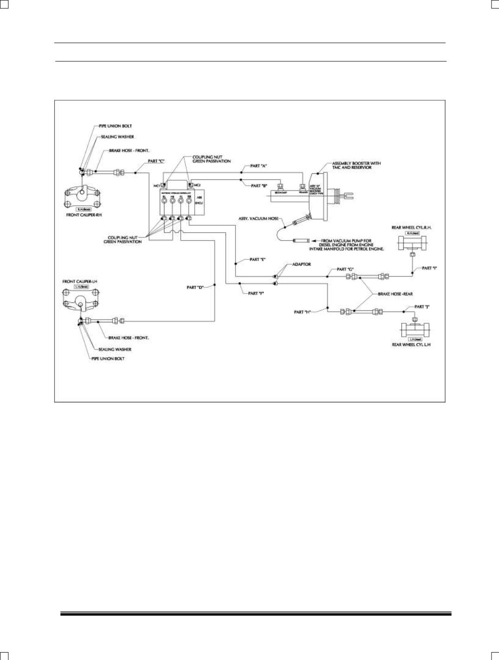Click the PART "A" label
point(258,166)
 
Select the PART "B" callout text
point(259,186)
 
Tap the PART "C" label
point(156,161)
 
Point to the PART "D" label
point(195,288)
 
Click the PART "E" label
point(257,259)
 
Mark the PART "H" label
point(302,312)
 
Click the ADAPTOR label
point(302,264)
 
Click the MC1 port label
point(157,186)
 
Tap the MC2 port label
point(197,185)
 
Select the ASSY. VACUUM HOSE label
point(259,218)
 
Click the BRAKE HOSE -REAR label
point(395,294)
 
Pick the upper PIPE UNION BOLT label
point(115,126)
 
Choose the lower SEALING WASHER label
point(115,349)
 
